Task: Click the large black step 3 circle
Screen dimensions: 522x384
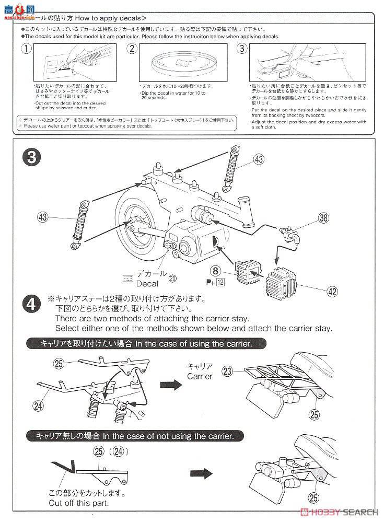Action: coord(33,157)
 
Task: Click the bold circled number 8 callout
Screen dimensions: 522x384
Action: coord(215,270)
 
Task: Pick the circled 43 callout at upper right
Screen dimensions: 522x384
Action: coord(259,159)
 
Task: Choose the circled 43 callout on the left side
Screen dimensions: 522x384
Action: coord(45,216)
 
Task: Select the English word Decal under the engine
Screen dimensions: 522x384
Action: coord(147,284)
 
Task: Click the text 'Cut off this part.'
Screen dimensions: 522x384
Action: coord(78,503)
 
